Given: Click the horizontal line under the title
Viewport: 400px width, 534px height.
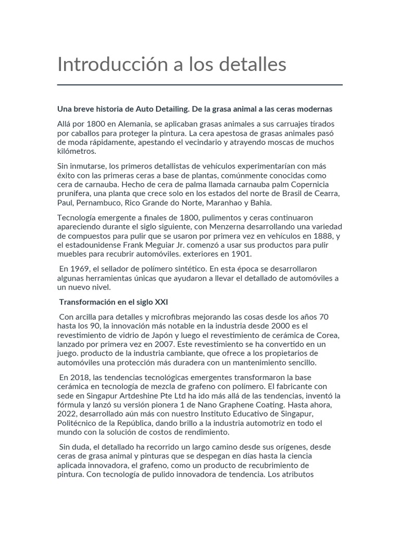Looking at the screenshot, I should [x=200, y=84].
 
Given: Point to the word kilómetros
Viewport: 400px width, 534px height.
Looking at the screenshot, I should [x=77, y=151].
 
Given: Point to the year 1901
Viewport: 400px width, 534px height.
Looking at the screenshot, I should [x=242, y=254].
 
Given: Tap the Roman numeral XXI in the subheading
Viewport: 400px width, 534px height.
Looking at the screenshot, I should [x=161, y=302].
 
